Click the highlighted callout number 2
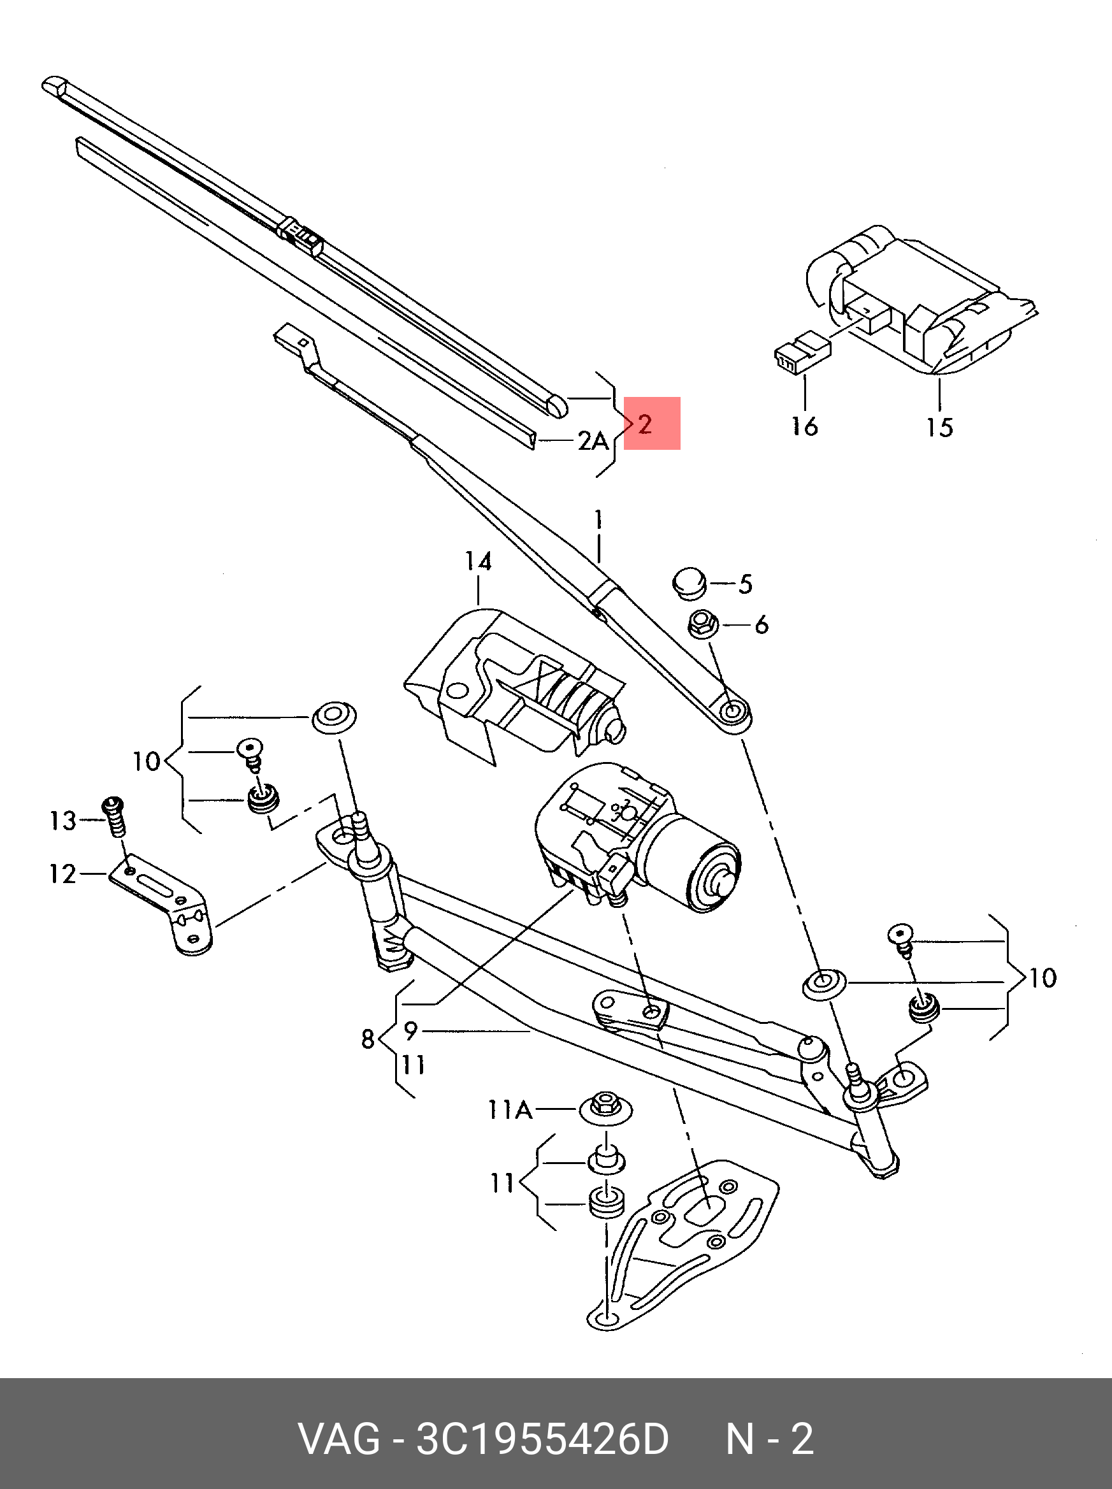(645, 424)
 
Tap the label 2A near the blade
(593, 441)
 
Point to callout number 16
(804, 426)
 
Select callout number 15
(939, 428)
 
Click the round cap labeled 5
(690, 583)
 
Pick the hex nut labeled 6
(704, 625)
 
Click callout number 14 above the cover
(478, 561)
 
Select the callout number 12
(62, 874)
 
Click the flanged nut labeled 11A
(605, 1107)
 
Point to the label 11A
(510, 1109)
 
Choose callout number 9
(410, 1030)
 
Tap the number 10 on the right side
(1043, 977)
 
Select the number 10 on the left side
(146, 761)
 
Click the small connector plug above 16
(802, 352)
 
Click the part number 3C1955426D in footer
(542, 1439)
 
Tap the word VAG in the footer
(339, 1439)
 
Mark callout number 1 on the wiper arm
(598, 519)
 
